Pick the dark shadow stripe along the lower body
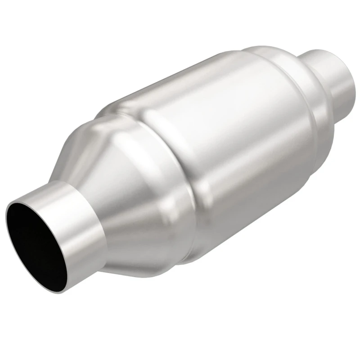[x=252, y=211]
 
